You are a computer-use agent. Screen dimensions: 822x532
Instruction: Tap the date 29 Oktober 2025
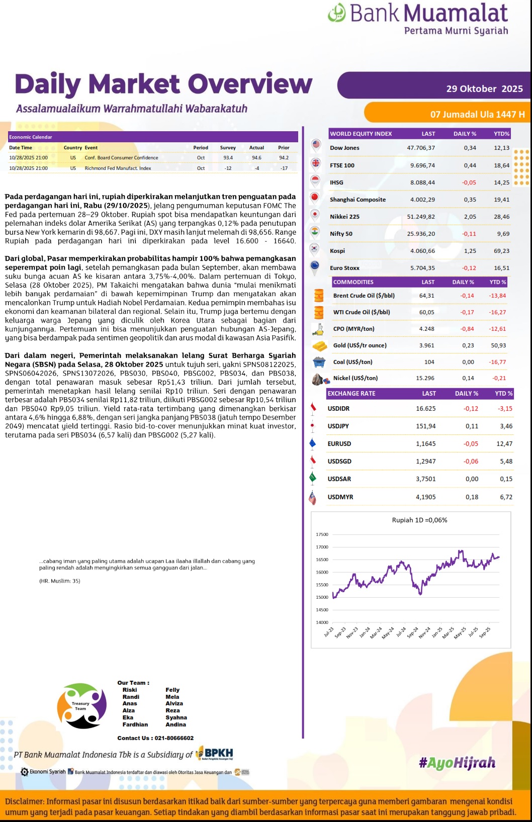484,89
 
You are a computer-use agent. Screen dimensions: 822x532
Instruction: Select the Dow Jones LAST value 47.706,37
421,148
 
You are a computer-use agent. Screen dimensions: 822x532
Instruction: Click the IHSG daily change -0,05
469,182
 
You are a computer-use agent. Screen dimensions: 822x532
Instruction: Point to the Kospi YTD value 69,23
501,251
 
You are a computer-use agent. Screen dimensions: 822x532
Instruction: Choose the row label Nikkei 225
344,217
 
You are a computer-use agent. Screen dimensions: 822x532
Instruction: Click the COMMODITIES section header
353,282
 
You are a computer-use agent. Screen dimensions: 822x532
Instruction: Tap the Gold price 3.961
427,345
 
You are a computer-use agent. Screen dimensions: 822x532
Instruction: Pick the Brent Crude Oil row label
364,296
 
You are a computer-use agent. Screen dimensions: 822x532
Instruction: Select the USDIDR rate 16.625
425,409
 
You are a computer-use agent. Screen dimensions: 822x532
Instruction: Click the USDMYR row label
340,497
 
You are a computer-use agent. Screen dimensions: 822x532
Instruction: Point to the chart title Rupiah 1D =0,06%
419,520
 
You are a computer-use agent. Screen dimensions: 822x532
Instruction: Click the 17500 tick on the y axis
322,534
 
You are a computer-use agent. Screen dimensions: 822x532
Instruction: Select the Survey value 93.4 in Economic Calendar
228,158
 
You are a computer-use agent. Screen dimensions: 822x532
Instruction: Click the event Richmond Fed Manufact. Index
118,168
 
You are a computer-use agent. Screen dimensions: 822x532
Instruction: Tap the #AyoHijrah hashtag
457,763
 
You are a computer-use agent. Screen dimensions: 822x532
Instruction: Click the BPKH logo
215,753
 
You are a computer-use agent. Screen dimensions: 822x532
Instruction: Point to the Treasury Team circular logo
81,706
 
